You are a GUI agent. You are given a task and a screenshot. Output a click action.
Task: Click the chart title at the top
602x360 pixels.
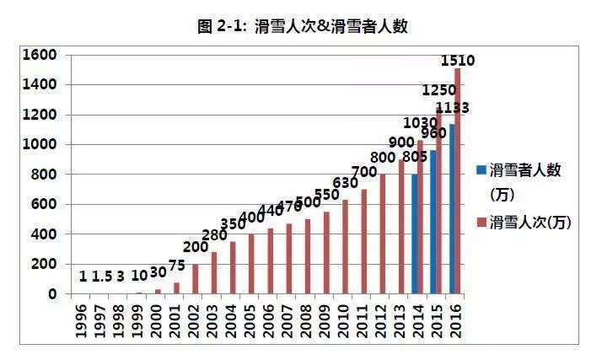click(302, 26)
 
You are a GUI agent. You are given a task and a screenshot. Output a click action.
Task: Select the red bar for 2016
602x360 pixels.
click(457, 180)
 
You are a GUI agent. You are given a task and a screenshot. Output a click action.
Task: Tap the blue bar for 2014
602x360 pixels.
click(414, 234)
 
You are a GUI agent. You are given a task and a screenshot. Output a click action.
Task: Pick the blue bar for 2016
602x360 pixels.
click(451, 209)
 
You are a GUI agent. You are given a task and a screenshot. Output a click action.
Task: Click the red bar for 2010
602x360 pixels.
click(345, 246)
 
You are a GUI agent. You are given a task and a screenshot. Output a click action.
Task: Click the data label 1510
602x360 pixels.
click(459, 61)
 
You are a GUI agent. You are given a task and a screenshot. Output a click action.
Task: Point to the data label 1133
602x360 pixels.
click(453, 108)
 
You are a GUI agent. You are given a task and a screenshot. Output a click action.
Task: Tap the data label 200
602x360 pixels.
click(196, 247)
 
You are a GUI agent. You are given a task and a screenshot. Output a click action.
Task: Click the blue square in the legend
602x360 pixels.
click(481, 170)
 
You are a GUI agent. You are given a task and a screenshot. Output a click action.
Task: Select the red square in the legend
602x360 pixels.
click(481, 222)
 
